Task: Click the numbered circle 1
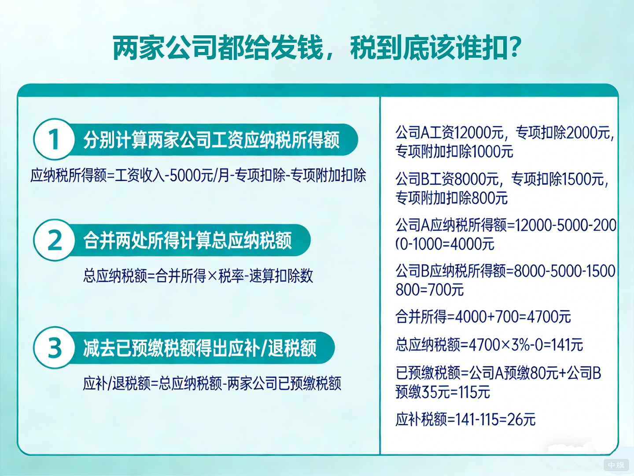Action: (54, 139)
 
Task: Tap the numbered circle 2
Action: (55, 240)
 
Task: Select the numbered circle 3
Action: (55, 348)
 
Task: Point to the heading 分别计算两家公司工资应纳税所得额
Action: (211, 140)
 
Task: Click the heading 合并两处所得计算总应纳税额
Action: (188, 241)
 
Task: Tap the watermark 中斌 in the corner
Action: (616, 465)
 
